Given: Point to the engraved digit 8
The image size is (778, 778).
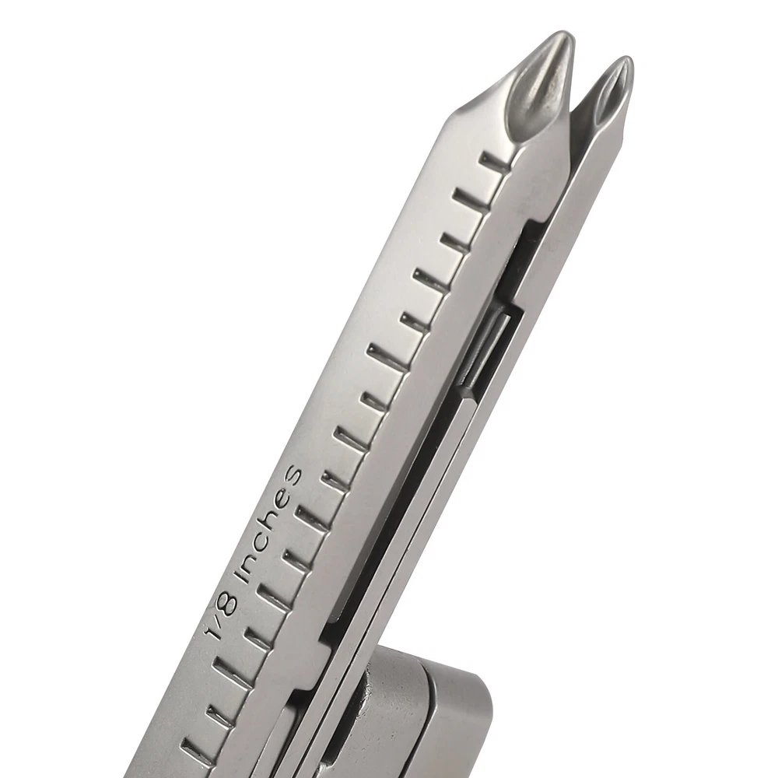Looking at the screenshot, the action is (x=225, y=606).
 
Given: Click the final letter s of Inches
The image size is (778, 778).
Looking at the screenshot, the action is (x=291, y=474).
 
